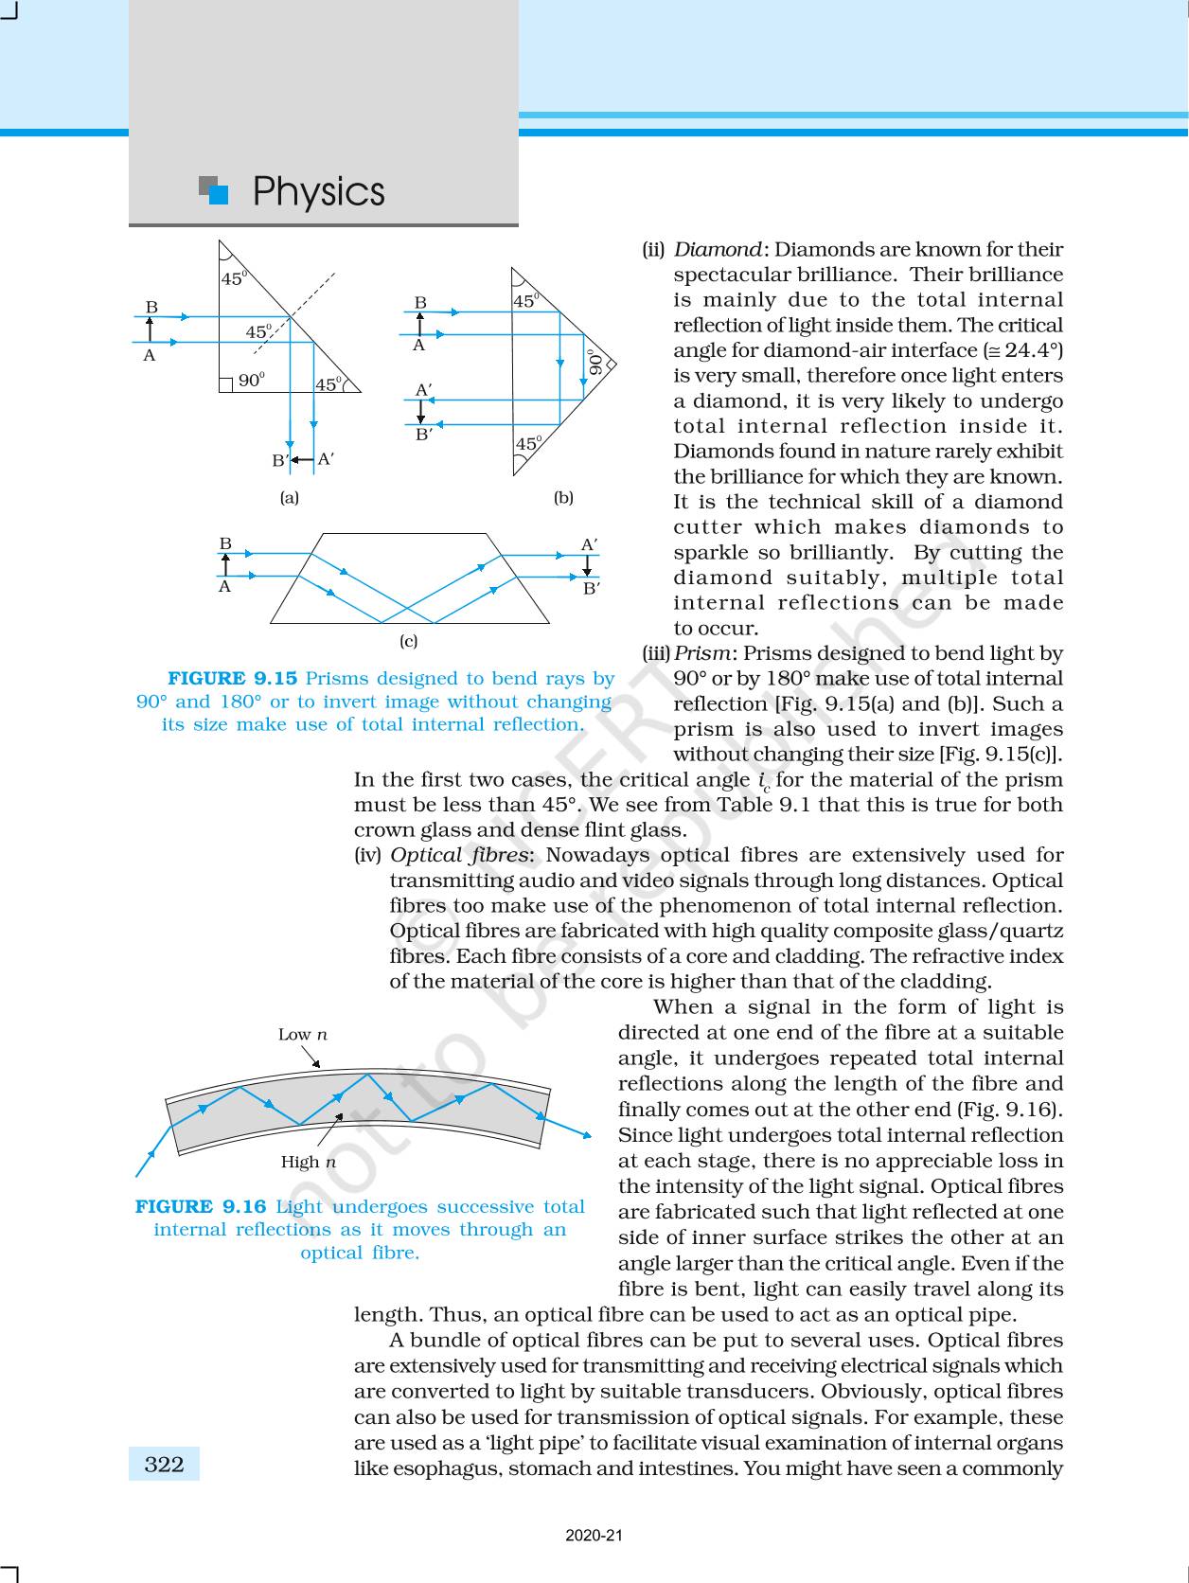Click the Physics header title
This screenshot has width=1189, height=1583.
pyautogui.click(x=318, y=192)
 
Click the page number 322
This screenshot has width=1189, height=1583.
pyautogui.click(x=164, y=1465)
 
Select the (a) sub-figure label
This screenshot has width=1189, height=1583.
pyautogui.click(x=289, y=498)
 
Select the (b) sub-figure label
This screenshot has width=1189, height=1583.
pyautogui.click(x=563, y=498)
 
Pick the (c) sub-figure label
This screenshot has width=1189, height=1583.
pyautogui.click(x=408, y=641)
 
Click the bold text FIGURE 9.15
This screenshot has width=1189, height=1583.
pyautogui.click(x=232, y=679)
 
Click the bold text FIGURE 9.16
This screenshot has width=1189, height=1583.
pyautogui.click(x=201, y=1207)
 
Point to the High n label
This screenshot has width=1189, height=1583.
pyautogui.click(x=309, y=1162)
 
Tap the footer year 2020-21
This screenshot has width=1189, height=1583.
pyautogui.click(x=594, y=1536)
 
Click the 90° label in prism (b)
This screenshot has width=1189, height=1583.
pyautogui.click(x=594, y=363)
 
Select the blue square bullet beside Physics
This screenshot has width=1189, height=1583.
pyautogui.click(x=218, y=194)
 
